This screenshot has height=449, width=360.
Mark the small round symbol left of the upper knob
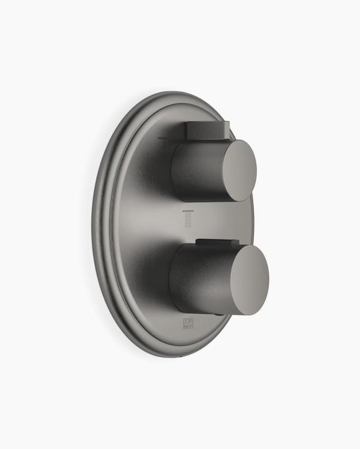click(163, 193)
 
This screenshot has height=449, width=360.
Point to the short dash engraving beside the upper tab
click(163, 139)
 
